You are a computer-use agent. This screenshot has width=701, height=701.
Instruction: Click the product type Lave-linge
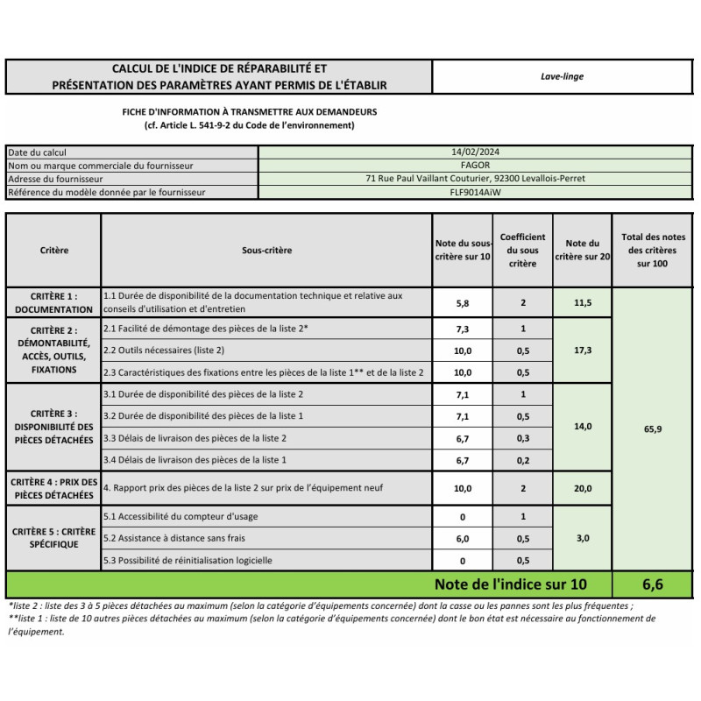562,76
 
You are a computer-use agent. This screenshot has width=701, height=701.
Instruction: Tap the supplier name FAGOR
475,165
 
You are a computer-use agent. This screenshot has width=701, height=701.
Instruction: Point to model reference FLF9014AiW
475,192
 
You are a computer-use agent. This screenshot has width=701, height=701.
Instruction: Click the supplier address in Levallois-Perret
475,179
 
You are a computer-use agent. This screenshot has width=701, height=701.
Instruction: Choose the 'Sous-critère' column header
266,251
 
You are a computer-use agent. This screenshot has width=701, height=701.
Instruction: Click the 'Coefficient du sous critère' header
522,251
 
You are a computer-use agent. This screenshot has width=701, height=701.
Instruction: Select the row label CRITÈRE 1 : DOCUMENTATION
53,302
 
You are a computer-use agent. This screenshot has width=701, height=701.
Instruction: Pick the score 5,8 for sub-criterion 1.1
463,302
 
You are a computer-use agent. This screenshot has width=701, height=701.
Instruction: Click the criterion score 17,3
583,350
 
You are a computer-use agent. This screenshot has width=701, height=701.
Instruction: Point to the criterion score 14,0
583,427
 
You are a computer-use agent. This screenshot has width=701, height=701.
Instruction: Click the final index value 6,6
652,584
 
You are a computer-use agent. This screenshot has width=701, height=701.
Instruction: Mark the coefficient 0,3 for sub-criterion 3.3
522,438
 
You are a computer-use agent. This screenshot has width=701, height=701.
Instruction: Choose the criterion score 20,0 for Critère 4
583,488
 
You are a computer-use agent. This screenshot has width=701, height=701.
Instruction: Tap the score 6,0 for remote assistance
463,539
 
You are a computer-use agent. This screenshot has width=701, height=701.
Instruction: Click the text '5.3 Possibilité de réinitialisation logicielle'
188,561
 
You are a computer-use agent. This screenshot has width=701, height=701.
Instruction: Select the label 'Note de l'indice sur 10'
510,584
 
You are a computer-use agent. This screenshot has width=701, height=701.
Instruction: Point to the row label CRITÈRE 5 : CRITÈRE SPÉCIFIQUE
53,538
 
